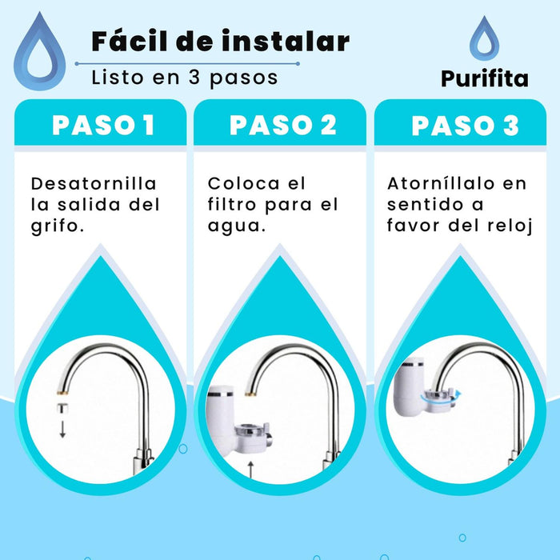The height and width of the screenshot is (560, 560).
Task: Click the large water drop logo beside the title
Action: point(39,54)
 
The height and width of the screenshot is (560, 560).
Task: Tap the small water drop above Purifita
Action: point(484,38)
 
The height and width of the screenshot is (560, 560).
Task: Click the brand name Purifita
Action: point(484,78)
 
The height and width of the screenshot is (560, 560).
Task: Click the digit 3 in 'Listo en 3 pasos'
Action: point(194,77)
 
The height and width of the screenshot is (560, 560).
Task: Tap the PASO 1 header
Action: point(103,126)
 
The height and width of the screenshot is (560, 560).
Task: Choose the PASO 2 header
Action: point(283,126)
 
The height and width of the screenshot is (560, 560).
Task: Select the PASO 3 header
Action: point(465,126)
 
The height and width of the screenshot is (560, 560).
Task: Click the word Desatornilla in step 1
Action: point(94,183)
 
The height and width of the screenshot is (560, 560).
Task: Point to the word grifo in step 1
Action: point(54,226)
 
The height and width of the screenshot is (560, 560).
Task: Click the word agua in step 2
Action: point(233,226)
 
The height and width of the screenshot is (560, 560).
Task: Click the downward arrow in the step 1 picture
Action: point(62,430)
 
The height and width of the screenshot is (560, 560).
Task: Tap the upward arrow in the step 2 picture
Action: point(250,470)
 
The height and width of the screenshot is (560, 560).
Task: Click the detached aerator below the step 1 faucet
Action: point(62,409)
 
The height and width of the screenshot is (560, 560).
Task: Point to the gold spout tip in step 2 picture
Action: point(250,394)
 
